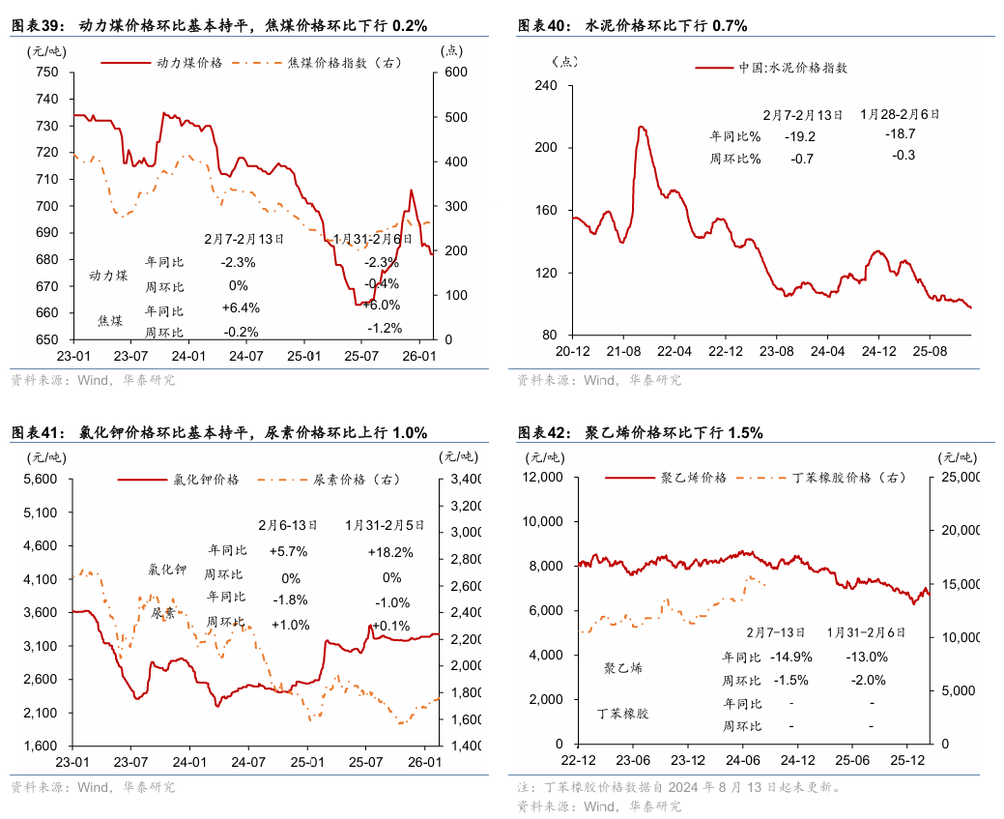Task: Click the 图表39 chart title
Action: tap(219, 25)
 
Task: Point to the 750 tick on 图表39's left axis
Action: tap(45, 73)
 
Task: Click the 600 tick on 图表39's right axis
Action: tap(455, 73)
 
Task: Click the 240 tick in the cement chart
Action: tap(546, 86)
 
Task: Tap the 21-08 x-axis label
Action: tap(623, 351)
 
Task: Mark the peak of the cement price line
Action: tap(641, 127)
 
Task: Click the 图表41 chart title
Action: tap(219, 432)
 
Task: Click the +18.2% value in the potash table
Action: tap(390, 552)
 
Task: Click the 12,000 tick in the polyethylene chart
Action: tap(544, 477)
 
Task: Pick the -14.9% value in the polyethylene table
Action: tap(790, 657)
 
